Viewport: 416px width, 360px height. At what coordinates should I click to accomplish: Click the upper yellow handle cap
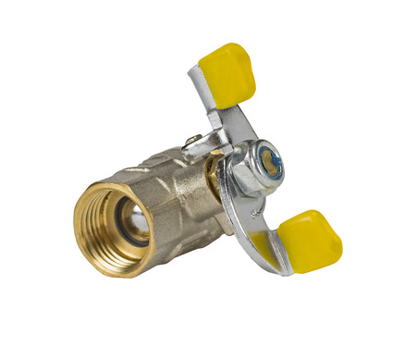(x=226, y=71)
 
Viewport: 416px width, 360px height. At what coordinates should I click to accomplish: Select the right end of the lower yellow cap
(x=336, y=248)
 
